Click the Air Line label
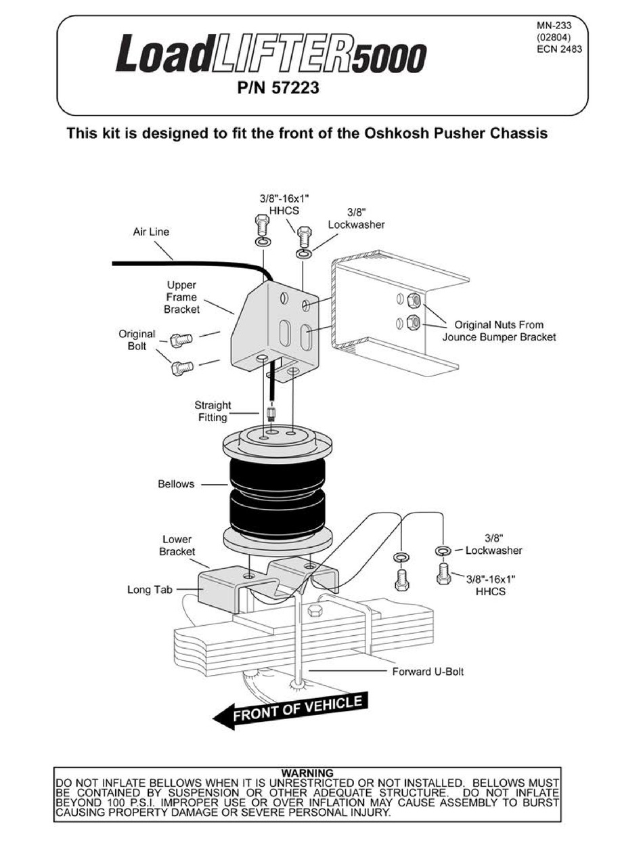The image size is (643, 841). click(151, 232)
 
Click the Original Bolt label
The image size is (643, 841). click(137, 340)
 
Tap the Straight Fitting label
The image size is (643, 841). click(213, 412)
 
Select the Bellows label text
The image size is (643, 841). click(176, 484)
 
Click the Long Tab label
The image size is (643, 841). click(150, 590)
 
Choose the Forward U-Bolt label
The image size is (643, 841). click(428, 672)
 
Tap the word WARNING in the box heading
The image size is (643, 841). click(307, 773)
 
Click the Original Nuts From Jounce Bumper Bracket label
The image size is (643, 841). click(498, 331)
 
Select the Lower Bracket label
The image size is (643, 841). click(177, 546)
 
